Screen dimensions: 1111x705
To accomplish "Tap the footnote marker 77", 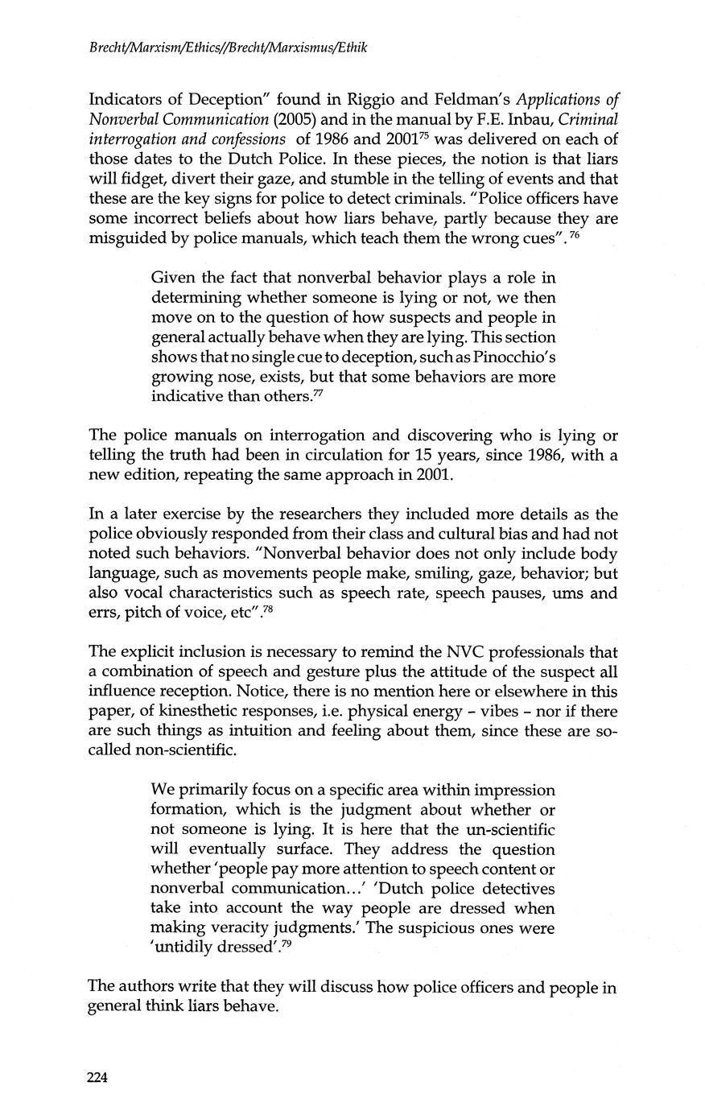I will coord(319,392).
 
